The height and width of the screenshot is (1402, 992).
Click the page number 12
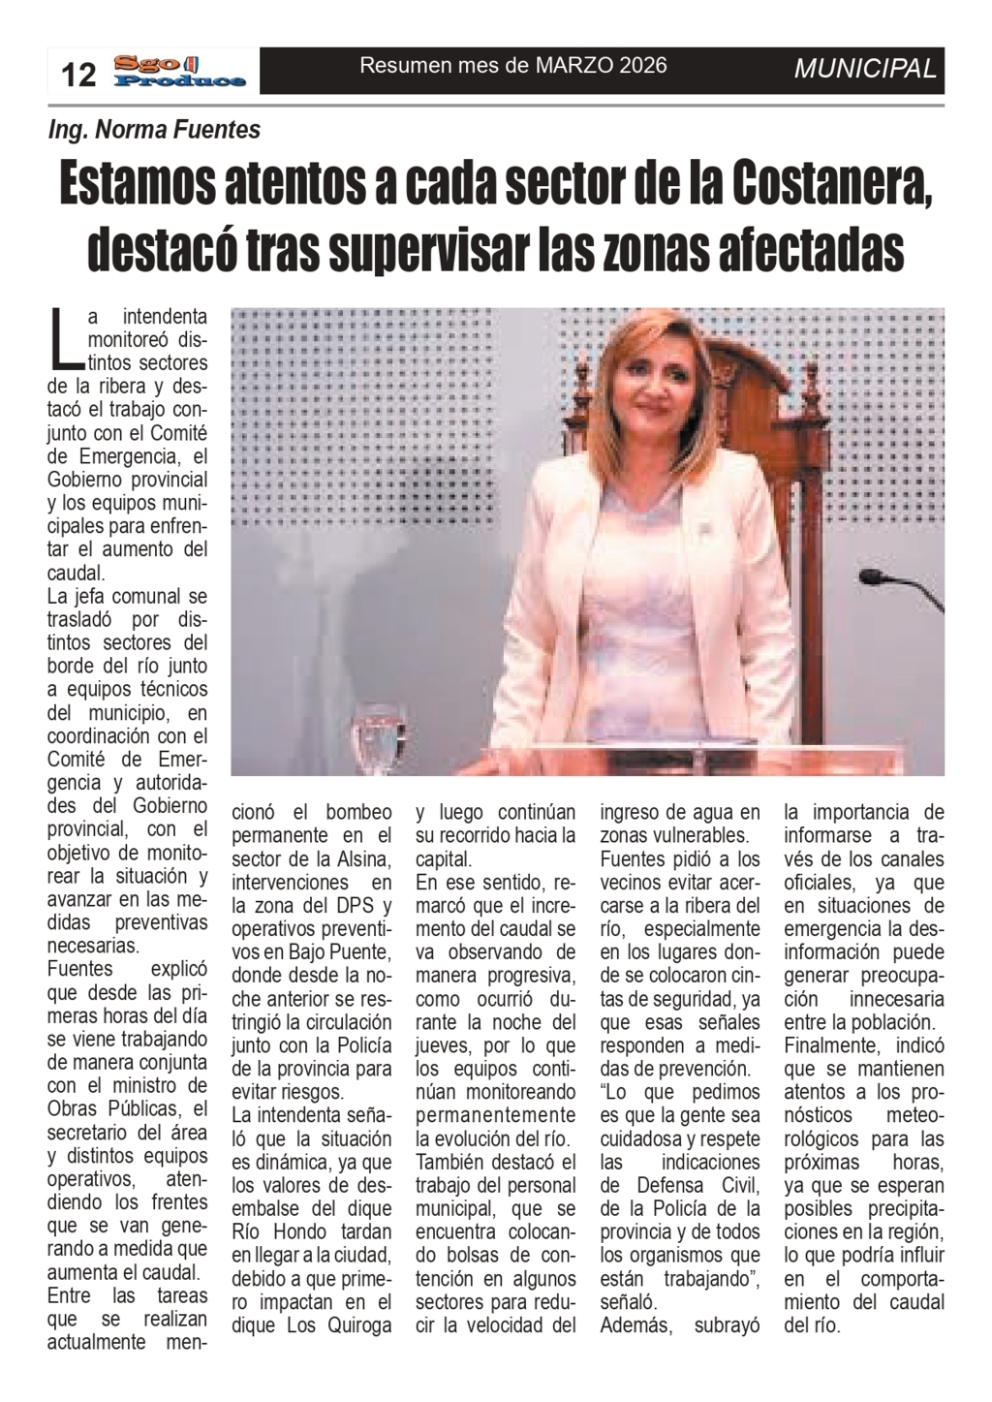pos(79,74)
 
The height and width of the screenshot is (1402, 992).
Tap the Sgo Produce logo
pos(179,72)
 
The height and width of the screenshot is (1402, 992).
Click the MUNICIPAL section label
pos(865,69)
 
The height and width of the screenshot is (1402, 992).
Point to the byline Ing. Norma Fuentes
pos(154,129)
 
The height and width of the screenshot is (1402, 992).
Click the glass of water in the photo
pos(377,736)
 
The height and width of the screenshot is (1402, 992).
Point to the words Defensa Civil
pos(681,1185)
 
